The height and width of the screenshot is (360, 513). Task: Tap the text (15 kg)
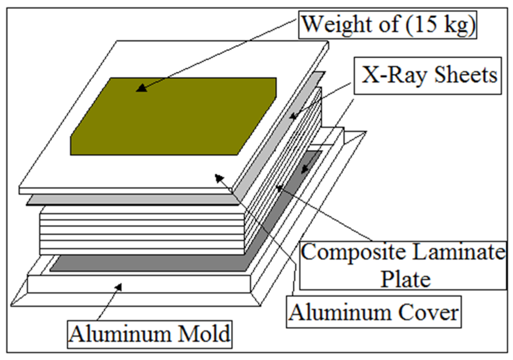click(440, 24)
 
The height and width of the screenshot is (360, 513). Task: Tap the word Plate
click(406, 279)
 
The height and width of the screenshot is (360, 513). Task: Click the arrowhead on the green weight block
click(141, 88)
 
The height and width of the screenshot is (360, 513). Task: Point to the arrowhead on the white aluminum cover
click(219, 177)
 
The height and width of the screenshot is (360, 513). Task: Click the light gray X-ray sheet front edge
click(131, 200)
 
